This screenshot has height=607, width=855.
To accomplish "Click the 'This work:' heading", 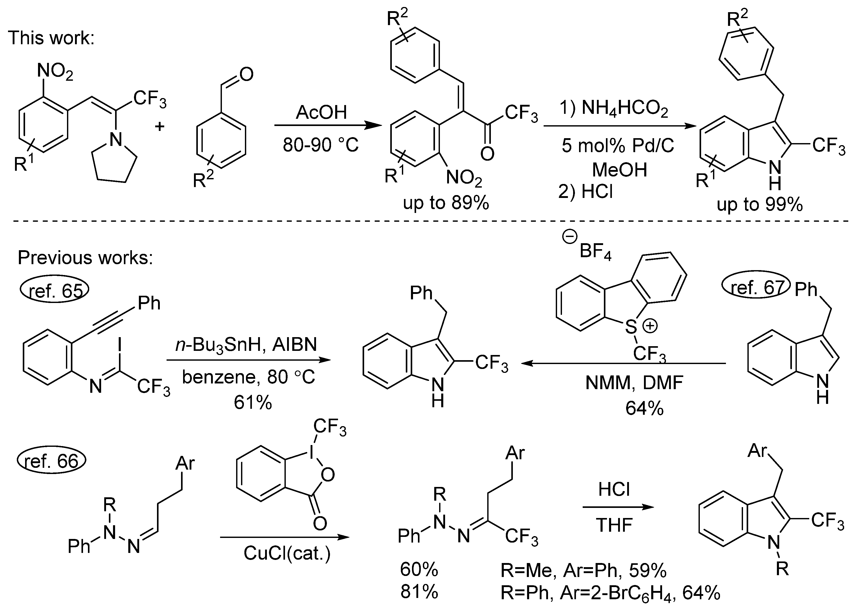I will [x=51, y=38].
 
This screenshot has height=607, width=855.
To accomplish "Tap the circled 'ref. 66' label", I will [x=51, y=461].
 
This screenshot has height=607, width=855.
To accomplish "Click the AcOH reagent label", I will [x=321, y=112].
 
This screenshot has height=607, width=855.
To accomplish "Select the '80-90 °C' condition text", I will [x=320, y=145].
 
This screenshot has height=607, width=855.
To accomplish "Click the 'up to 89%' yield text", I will [x=446, y=203].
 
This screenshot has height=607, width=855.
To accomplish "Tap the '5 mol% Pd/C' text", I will [x=618, y=146].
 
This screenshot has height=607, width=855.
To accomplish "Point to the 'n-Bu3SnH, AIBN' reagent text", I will [x=246, y=345].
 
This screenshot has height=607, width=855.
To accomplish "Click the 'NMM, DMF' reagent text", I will [x=634, y=382].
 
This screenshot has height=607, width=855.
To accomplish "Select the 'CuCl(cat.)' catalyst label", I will [x=287, y=553].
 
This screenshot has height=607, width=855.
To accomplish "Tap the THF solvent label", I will [x=614, y=525].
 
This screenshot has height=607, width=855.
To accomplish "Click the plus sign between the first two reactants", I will [x=160, y=126].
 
